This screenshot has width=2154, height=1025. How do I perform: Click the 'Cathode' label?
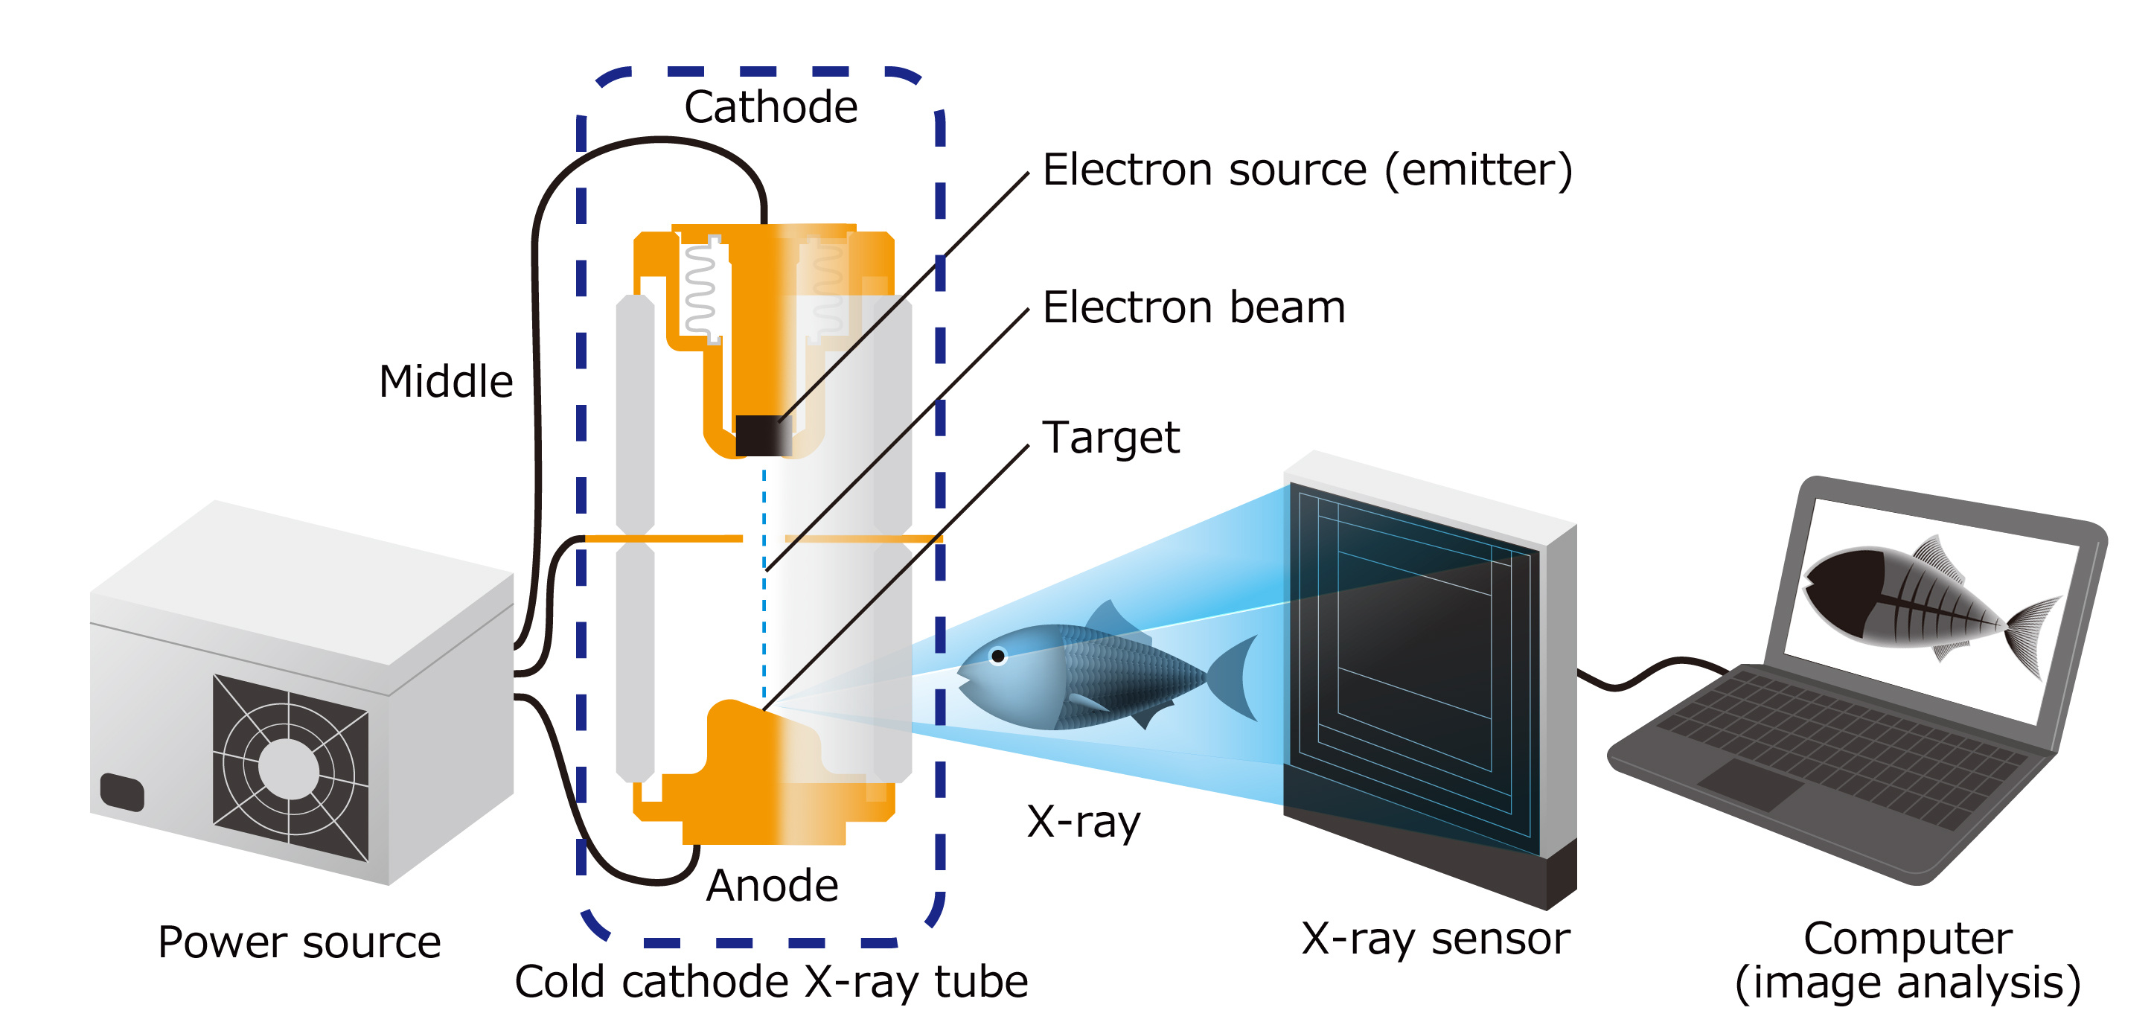point(770,107)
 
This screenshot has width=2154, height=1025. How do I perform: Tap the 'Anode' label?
point(772,885)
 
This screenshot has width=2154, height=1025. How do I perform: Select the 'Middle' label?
point(446,381)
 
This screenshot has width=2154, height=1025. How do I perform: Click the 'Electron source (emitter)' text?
point(1307,170)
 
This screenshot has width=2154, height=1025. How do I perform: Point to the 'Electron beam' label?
point(1193,307)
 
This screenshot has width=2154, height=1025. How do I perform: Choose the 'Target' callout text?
point(1110,437)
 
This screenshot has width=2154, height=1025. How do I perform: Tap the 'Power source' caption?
point(299,942)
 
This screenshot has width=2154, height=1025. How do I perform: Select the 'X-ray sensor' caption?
point(1435,938)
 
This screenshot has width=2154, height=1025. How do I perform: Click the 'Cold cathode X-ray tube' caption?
point(770,982)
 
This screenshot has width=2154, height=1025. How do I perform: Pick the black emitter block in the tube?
point(761,435)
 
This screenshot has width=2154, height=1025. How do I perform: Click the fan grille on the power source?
point(290,767)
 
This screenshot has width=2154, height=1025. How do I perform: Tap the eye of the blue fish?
point(997,657)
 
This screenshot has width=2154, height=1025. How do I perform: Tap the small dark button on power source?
point(122,792)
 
